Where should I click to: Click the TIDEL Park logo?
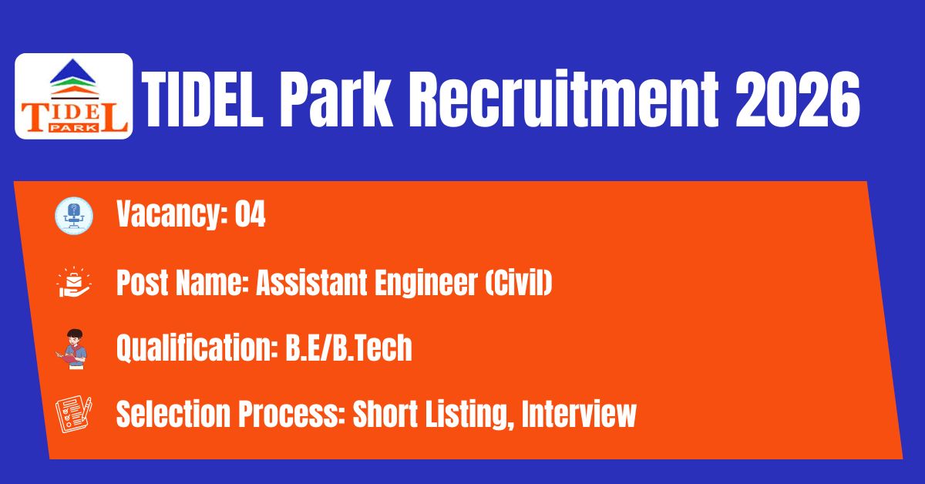tap(73, 96)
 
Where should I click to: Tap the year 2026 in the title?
tap(798, 99)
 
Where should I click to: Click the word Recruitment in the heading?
tap(564, 99)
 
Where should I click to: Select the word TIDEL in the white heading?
tap(202, 99)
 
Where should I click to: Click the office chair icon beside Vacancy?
tap(74, 216)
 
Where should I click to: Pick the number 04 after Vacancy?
tap(250, 213)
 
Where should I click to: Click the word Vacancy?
tap(172, 215)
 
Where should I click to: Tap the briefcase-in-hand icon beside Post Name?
tap(74, 282)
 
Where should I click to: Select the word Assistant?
tap(311, 283)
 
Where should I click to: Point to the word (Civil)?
tap(519, 283)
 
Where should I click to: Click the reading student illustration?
tap(72, 349)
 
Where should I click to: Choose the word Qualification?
tap(197, 348)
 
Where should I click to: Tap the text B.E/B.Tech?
tap(349, 348)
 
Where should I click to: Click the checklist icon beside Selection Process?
tap(74, 415)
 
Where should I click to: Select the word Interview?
tap(579, 414)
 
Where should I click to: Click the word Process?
tap(292, 414)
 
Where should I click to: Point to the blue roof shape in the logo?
tap(73, 70)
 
